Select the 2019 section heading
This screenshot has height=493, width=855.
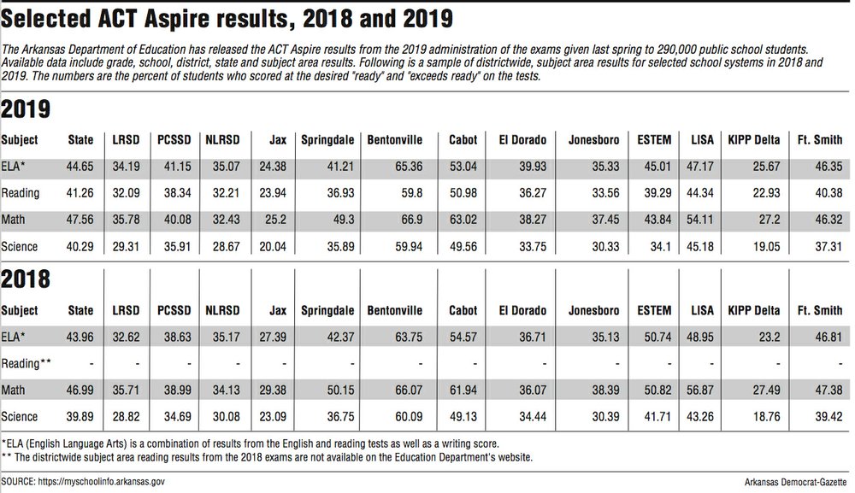pos(26,109)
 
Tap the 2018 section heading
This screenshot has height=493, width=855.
pos(26,279)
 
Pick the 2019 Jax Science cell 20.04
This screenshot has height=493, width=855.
pos(273,247)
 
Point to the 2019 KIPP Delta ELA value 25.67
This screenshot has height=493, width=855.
pos(766,166)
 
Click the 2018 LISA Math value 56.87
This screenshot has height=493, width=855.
pos(700,390)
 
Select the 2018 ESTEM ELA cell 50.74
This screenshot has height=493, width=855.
pos(657,337)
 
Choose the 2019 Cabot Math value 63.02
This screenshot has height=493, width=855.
pos(463,220)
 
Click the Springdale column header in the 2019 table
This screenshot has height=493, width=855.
pos(327,140)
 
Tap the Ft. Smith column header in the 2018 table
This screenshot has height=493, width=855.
pos(820,310)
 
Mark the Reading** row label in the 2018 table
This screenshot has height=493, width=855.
pos(27,363)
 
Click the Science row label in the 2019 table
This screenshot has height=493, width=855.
pos(19,247)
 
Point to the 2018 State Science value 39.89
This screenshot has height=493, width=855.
pos(80,417)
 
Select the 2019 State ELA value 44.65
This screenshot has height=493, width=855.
pos(80,166)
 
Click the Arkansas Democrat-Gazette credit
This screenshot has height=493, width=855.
pos(795,482)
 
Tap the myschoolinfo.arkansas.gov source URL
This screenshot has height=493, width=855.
pos(101,482)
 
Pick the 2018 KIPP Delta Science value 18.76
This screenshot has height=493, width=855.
pos(766,417)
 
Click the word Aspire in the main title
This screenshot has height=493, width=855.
pos(177,19)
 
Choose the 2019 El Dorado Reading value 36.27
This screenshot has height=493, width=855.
pos(532,193)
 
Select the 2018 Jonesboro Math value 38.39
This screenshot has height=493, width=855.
pos(605,390)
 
